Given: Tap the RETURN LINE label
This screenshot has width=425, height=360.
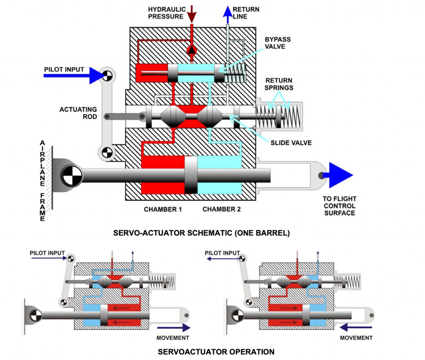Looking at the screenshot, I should [x=246, y=13].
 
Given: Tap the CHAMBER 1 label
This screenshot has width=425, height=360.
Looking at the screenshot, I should [x=162, y=209].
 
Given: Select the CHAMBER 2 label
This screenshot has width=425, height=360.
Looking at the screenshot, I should [x=222, y=209].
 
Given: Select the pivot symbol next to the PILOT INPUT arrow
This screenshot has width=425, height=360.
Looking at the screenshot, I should [x=107, y=76].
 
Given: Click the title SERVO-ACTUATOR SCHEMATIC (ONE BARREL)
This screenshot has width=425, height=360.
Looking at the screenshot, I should [x=201, y=233].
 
